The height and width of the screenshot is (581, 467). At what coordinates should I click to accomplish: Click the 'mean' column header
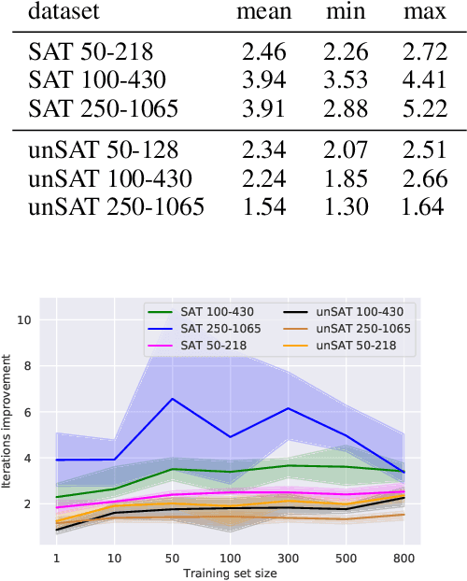click(x=263, y=13)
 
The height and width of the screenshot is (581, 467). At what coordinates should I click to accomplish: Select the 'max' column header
click(x=424, y=13)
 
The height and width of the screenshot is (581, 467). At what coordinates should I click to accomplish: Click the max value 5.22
click(x=424, y=108)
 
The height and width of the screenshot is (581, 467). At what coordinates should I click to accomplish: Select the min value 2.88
click(x=346, y=108)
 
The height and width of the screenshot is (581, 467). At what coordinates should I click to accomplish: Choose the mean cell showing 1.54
click(x=263, y=206)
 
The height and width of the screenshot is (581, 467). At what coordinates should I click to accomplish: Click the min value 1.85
click(x=346, y=178)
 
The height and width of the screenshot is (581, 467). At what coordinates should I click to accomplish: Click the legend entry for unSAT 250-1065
click(x=361, y=328)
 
